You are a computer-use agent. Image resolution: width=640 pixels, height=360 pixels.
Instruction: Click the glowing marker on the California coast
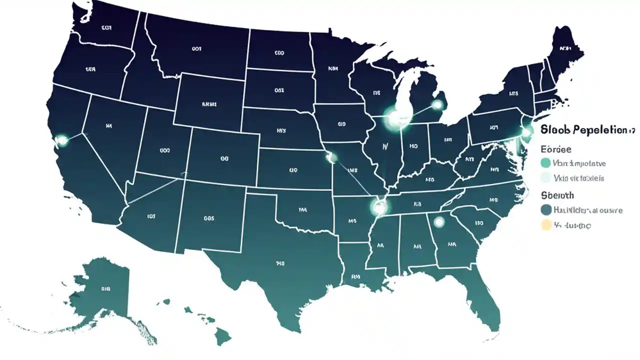coord(62,140)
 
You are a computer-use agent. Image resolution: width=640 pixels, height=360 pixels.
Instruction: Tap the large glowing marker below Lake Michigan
coord(396,118)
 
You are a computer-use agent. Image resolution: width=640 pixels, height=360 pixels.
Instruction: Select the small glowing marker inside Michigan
coord(437,104)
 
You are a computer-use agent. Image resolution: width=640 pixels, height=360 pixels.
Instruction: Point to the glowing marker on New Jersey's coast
coord(526,133)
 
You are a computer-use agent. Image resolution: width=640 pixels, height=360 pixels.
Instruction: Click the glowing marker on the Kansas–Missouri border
coord(331,157)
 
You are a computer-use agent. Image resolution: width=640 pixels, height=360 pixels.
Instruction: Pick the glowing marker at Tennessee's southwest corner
coord(378,206)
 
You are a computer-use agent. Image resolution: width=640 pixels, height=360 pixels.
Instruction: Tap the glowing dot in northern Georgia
coord(439,221)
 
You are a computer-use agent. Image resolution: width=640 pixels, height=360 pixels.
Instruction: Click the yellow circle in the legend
coord(546,225)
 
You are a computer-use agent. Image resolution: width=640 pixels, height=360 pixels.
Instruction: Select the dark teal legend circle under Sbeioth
coord(546,210)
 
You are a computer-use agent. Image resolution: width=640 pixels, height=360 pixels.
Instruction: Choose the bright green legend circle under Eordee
coord(546,162)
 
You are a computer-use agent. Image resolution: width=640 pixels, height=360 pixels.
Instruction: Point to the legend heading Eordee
coord(556,149)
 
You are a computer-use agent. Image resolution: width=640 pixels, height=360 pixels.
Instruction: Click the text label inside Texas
coord(280,262)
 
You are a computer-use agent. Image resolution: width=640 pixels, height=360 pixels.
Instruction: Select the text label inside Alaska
coord(105,288)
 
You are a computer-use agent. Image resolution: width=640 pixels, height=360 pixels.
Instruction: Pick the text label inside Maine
coord(565,48)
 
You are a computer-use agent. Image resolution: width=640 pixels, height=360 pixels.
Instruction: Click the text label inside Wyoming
coord(209,104)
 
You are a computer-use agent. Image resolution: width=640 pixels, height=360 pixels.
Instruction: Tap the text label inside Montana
coord(196,48)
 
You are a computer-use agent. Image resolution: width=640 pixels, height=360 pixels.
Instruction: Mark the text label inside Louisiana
coord(356,276)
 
